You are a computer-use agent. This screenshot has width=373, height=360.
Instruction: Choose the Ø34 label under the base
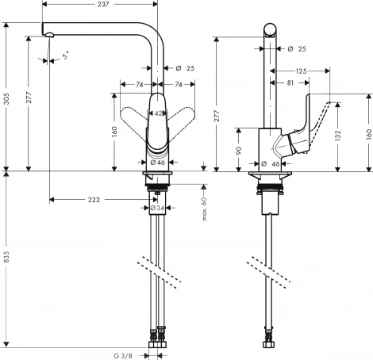tap(157, 208)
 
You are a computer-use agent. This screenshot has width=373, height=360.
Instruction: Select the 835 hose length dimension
tap(6, 259)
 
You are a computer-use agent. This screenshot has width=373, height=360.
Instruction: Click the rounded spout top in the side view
tap(271, 31)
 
